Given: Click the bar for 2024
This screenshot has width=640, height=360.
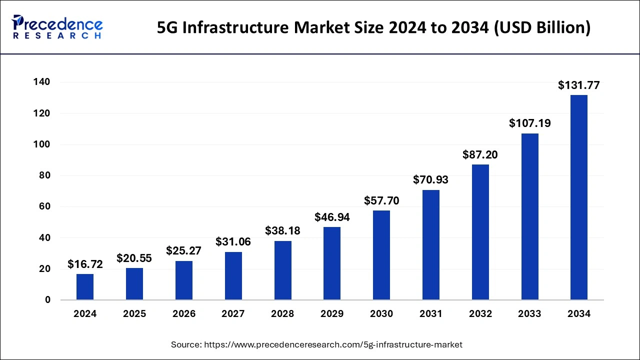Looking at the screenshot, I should [85, 287].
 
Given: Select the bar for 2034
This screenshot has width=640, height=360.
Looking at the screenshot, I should [579, 197].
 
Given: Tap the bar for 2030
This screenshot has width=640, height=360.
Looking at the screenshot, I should [381, 255].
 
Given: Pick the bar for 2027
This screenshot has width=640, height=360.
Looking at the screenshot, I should [233, 276].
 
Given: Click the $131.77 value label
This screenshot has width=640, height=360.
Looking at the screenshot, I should [579, 85].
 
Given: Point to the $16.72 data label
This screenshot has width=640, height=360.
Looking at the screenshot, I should [85, 264].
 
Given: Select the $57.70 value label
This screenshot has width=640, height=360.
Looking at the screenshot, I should [381, 201].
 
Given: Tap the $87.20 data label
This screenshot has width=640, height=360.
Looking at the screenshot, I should [480, 155].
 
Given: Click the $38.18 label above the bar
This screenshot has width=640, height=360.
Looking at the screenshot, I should [282, 231].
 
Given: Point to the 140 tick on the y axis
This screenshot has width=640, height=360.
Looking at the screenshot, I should [43, 82].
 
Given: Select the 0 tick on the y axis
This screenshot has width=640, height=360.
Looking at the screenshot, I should [48, 300].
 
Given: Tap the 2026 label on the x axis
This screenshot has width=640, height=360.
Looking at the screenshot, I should [184, 314].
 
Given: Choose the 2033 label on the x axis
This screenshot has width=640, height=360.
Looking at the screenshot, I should [529, 314].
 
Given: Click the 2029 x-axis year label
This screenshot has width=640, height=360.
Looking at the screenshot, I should [332, 314].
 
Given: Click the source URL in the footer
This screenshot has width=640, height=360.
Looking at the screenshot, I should [332, 344].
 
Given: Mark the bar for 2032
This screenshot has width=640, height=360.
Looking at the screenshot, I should [480, 232].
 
